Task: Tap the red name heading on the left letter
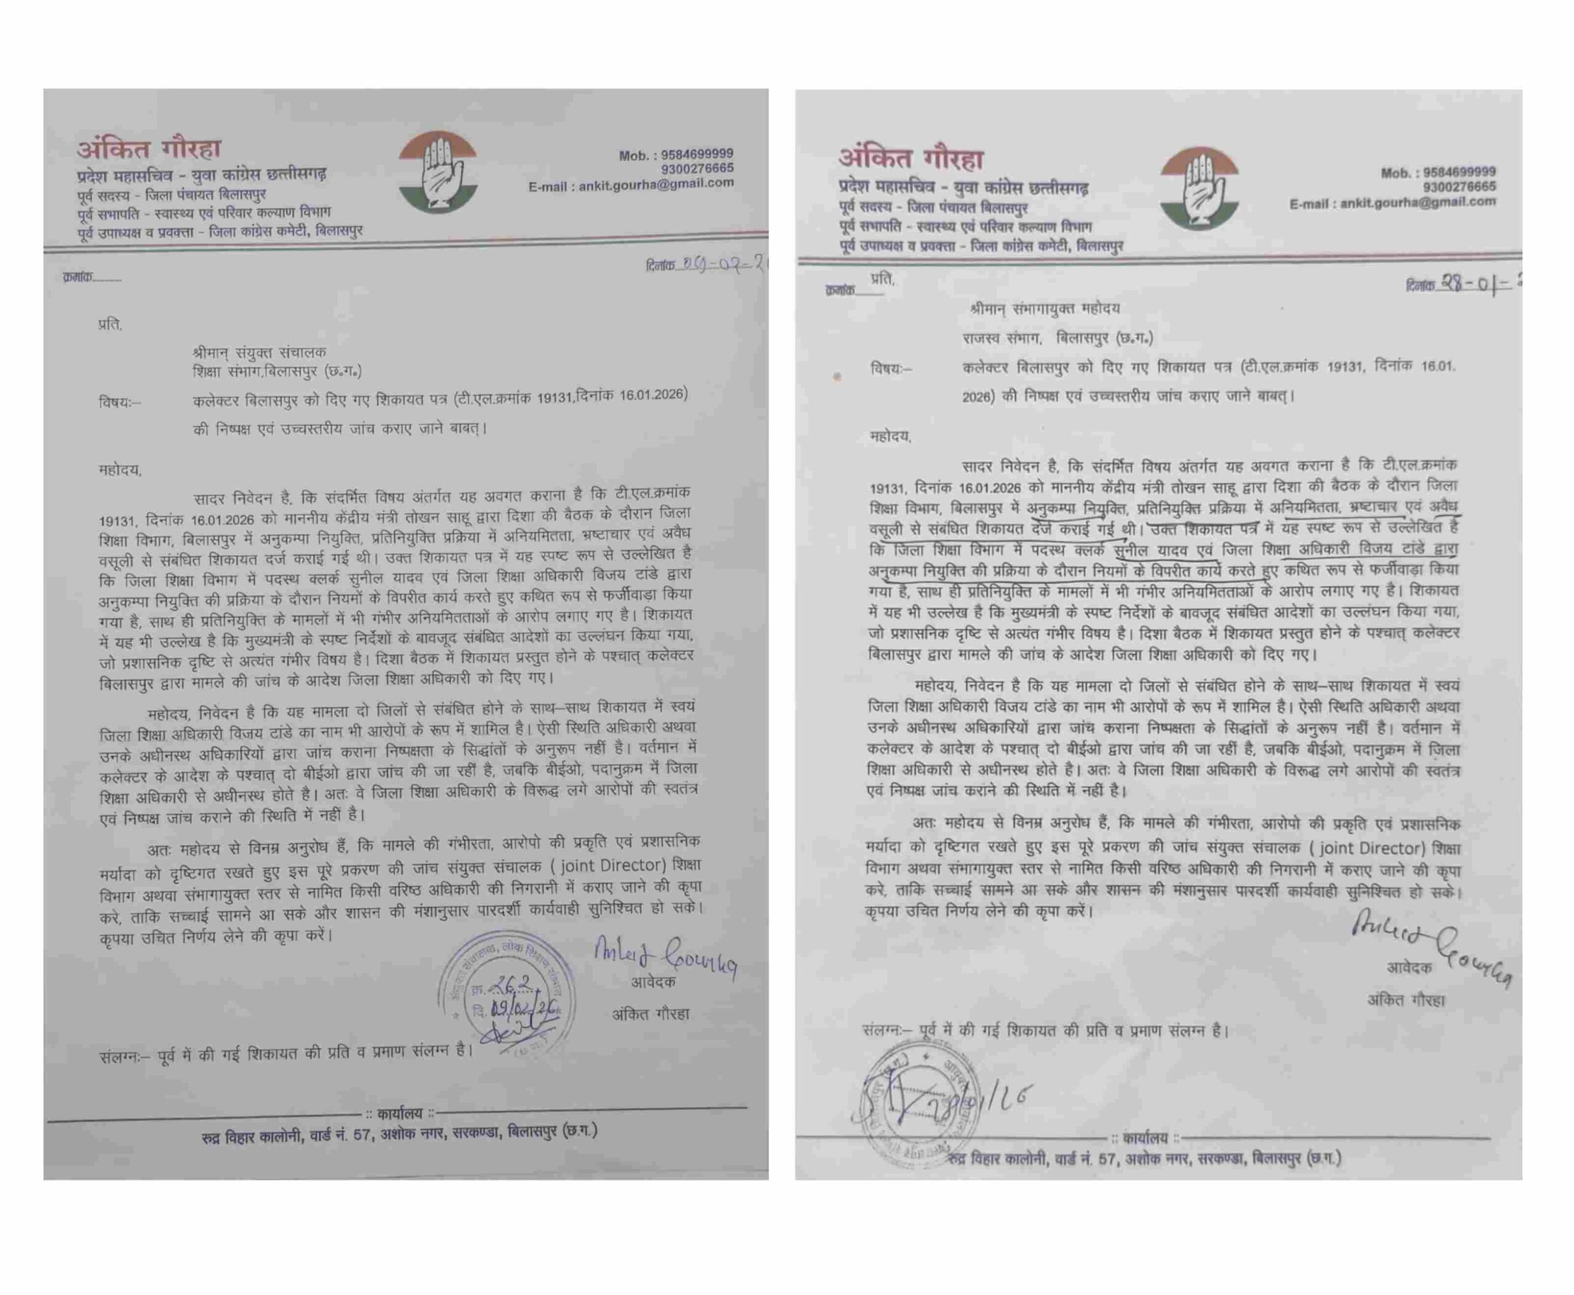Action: click(149, 149)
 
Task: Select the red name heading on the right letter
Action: click(911, 158)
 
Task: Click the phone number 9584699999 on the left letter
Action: click(697, 154)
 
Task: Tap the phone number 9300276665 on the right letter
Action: click(1459, 186)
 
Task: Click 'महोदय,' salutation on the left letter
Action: click(120, 470)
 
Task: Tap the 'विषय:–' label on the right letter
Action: click(890, 368)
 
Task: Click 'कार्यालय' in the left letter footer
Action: click(399, 1114)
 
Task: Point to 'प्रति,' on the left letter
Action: click(109, 325)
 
